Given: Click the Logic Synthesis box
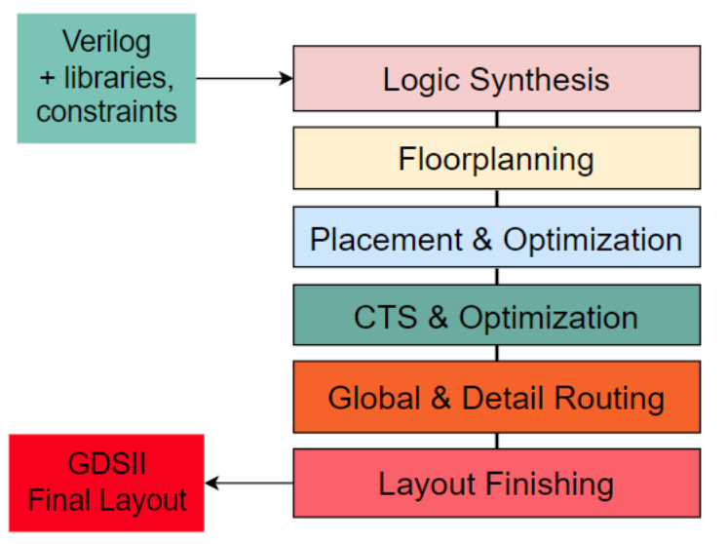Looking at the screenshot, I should coord(496,78).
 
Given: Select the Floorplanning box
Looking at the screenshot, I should coord(496,158).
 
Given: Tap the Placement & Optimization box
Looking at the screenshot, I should coord(496,237).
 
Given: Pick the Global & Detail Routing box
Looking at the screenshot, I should coord(496,397).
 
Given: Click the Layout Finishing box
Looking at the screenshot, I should coord(496,483).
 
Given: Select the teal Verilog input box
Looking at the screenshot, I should coord(106,78).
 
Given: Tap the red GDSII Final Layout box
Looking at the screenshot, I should coord(106,483).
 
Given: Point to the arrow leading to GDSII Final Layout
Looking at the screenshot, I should coord(249,483).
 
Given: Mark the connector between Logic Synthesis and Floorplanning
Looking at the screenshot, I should coord(496,119).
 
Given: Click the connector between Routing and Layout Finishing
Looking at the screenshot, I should coord(496,441).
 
